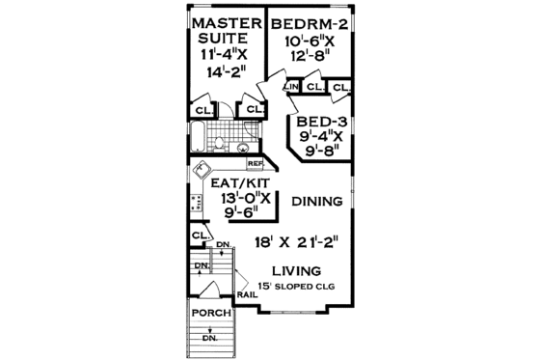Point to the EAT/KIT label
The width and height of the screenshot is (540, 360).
click(x=230, y=183)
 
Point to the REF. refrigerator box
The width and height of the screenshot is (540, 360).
click(x=255, y=165)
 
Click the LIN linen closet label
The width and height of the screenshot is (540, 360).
click(x=290, y=88)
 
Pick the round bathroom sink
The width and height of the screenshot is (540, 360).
click(x=242, y=148)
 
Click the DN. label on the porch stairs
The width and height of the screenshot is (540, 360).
click(x=207, y=339)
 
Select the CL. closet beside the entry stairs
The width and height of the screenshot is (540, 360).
click(x=200, y=235)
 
